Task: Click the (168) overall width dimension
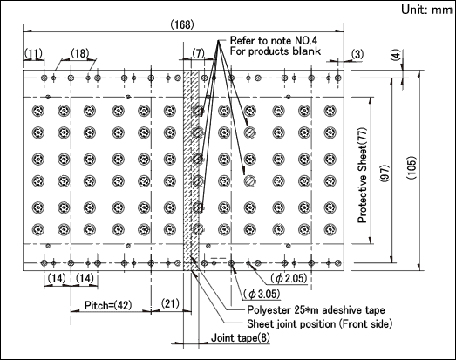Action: point(182,24)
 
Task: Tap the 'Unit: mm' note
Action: point(426,10)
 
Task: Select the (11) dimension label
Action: point(33,53)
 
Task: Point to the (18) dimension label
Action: point(79,53)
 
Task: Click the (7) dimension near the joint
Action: point(198,53)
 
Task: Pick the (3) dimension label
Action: point(357,54)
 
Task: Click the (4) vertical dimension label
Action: point(396,55)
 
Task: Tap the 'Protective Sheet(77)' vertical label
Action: point(363,175)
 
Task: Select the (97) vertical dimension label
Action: point(385,173)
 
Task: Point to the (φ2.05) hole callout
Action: point(289,279)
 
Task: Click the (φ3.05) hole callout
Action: point(262,294)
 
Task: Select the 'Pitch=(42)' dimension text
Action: point(108,305)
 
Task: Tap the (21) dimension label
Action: point(170,303)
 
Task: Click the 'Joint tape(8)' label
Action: point(241,338)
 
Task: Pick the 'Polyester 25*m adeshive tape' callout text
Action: point(316,310)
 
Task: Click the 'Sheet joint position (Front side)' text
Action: point(320,323)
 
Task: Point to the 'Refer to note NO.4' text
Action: point(274,40)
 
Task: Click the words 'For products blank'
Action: point(276,51)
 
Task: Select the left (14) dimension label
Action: point(57,279)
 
